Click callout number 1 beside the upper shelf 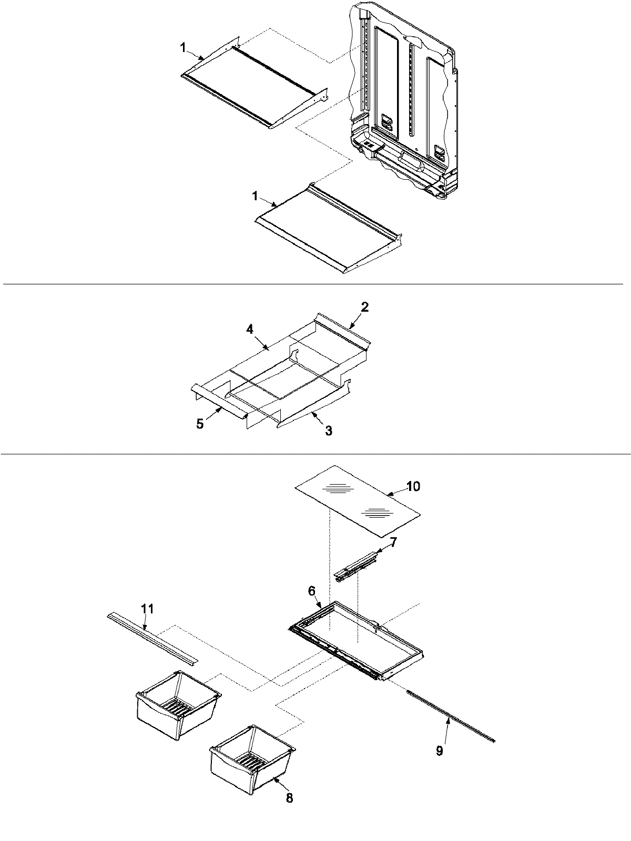(183, 48)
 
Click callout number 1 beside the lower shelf (255, 196)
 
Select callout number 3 (250, 330)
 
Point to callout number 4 (200, 424)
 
